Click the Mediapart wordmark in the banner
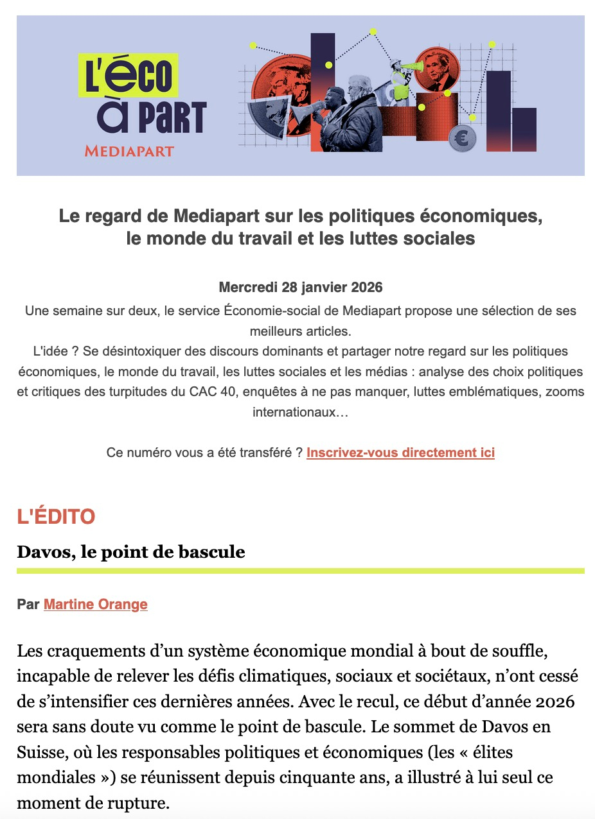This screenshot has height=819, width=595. coord(129,151)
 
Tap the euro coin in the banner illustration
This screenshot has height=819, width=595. coord(462,137)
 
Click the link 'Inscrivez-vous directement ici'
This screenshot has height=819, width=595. coord(400,453)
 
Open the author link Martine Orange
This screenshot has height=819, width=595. coord(96,604)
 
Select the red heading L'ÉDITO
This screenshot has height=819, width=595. coord(56,517)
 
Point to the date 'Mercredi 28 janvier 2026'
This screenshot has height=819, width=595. coord(300,287)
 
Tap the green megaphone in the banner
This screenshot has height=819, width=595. coord(412,66)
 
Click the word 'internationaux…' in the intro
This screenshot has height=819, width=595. coord(300,411)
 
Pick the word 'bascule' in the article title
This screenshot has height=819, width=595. coord(217,552)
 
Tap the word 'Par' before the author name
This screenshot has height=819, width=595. coord(29,604)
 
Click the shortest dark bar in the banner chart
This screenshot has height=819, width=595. coord(524,130)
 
